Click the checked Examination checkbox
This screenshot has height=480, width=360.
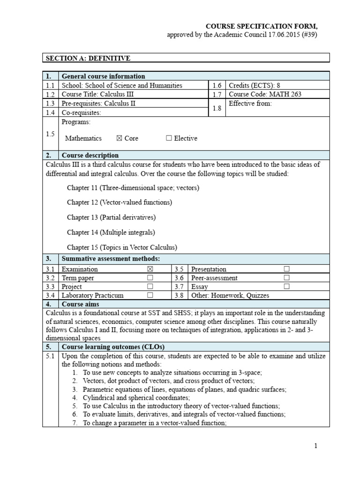pyautogui.click(x=150, y=269)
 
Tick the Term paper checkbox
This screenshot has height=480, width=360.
pyautogui.click(x=150, y=278)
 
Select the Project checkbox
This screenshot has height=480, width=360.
pyautogui.click(x=150, y=286)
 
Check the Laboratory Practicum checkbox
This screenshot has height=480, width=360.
pyautogui.click(x=150, y=295)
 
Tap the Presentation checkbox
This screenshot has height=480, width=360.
pyautogui.click(x=286, y=269)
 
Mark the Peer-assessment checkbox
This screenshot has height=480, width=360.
pyautogui.click(x=286, y=278)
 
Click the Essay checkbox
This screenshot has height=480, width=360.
pyautogui.click(x=286, y=286)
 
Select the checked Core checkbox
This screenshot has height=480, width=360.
pyautogui.click(x=119, y=138)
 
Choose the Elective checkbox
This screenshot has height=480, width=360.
pyautogui.click(x=169, y=138)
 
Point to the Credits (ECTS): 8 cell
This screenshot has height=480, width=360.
pyautogui.click(x=252, y=85)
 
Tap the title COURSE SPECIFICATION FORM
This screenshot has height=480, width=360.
pyautogui.click(x=262, y=26)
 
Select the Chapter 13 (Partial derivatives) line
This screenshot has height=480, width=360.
pyautogui.click(x=111, y=217)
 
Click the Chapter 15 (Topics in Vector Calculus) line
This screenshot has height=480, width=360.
pyautogui.click(x=122, y=247)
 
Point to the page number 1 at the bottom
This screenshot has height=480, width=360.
pyautogui.click(x=316, y=446)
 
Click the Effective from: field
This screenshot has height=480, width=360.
pyautogui.click(x=250, y=103)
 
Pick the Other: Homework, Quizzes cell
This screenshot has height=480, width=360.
pyautogui.click(x=230, y=295)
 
